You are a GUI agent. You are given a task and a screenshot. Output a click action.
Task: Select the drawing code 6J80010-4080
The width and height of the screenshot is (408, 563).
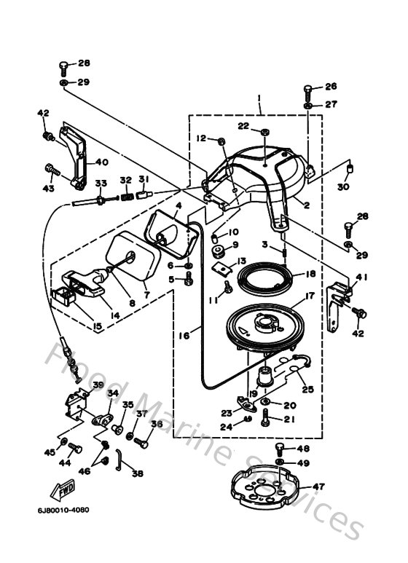(64, 509)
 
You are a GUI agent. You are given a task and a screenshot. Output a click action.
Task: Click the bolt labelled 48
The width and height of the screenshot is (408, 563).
(280, 449)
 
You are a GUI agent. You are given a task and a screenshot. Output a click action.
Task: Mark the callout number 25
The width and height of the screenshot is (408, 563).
(307, 390)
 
